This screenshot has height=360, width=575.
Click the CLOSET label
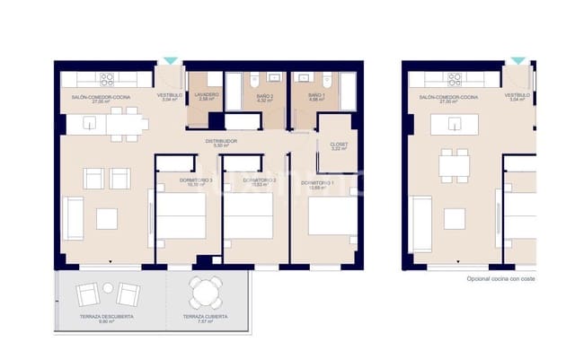tap(339, 146)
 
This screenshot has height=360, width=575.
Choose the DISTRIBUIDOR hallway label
tap(218, 143)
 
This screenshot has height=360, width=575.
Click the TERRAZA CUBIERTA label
tap(204, 319)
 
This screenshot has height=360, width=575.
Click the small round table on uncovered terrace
tap(107, 288)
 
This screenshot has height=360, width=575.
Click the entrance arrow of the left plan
tap(170, 61)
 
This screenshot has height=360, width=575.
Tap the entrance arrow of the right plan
tap(517, 61)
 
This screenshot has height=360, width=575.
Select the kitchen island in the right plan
tap(455, 125)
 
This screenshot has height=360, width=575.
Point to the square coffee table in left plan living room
tap(108, 218)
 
